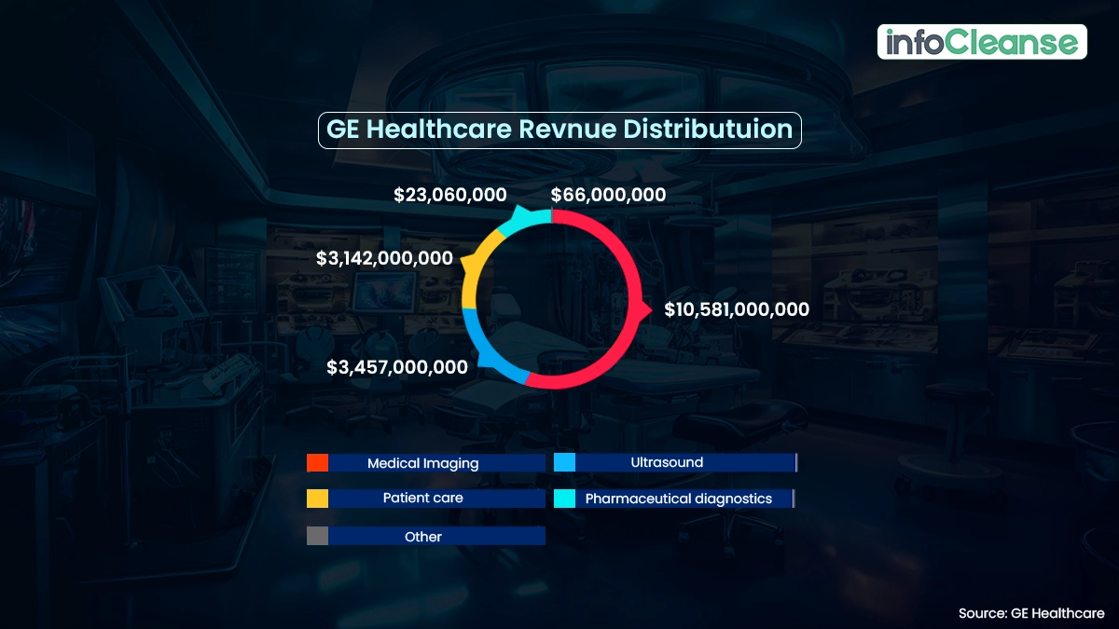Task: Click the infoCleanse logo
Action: tap(982, 42)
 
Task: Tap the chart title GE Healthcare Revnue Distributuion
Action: tap(559, 130)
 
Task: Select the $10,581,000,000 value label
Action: tap(737, 310)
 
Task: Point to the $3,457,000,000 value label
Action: tap(397, 367)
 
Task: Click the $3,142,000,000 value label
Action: tap(384, 258)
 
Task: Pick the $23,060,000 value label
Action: tap(450, 196)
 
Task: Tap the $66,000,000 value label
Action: tap(608, 196)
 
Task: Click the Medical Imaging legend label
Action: tap(422, 463)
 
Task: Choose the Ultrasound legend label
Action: tap(667, 462)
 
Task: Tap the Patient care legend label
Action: tap(422, 499)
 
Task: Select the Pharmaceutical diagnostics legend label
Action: tap(679, 499)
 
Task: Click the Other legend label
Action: tap(422, 537)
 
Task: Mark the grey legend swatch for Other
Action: tap(317, 536)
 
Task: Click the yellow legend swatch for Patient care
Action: tap(317, 499)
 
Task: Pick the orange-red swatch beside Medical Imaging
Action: tap(317, 463)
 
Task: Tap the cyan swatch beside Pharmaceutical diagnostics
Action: tap(564, 499)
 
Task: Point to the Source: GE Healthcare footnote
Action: tap(1031, 613)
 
